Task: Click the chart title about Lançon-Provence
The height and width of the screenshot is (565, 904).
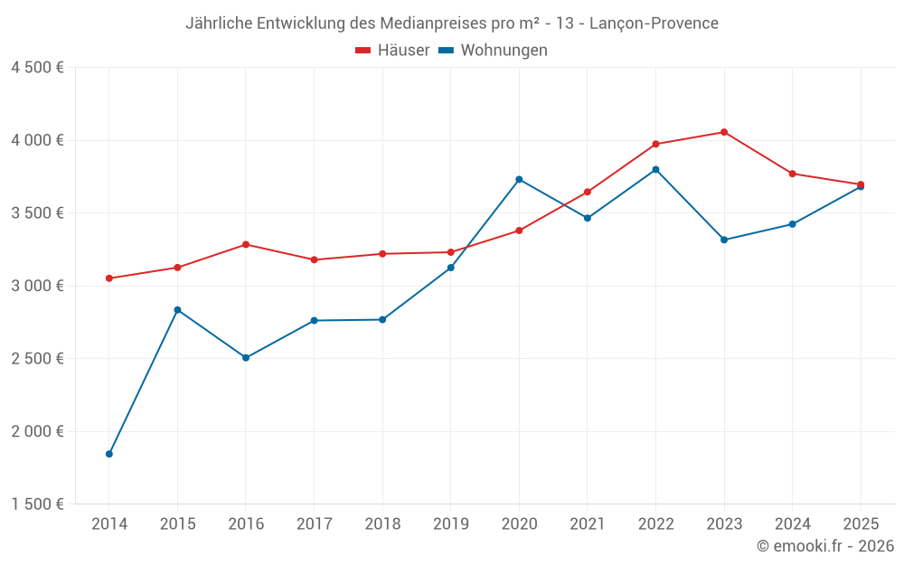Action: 452,24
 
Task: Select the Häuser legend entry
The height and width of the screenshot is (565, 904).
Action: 392,51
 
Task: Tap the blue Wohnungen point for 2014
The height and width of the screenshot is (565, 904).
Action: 109,454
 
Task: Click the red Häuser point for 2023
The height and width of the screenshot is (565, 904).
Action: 724,132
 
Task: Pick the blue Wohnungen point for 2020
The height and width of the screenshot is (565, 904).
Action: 519,179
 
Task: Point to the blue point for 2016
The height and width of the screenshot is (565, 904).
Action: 246,358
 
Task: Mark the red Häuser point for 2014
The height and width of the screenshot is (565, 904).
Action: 109,278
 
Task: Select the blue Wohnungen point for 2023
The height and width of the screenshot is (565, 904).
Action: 724,240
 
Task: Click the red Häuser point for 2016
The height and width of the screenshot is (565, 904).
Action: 246,244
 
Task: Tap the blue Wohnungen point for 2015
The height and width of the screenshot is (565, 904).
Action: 177,310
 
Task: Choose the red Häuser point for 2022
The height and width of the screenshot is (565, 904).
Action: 655,144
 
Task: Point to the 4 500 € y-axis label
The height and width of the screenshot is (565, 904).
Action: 37,68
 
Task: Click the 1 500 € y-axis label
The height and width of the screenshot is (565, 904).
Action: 37,504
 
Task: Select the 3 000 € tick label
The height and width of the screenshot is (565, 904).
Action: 37,286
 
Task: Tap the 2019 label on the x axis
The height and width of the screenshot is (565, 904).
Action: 450,524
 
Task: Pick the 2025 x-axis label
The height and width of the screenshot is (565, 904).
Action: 861,524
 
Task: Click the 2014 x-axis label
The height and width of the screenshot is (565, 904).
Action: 109,524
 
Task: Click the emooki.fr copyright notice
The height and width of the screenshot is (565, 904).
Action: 824,546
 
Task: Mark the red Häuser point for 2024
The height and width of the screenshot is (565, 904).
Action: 792,174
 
